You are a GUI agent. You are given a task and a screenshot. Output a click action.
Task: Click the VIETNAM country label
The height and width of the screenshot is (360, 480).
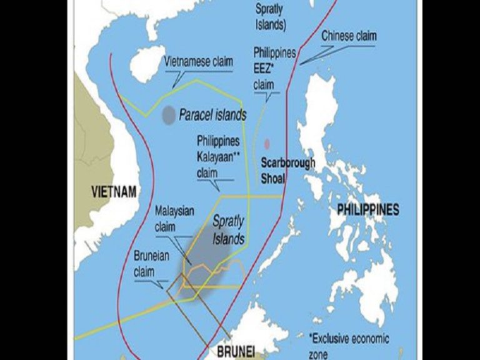pyautogui.click(x=114, y=191)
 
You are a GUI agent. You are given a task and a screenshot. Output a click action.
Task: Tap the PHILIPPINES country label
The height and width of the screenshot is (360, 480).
pyautogui.click(x=368, y=210)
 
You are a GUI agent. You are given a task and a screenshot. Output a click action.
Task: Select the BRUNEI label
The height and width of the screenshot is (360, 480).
pyautogui.click(x=236, y=352)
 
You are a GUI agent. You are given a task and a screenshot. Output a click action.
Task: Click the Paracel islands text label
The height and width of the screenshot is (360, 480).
pyautogui.click(x=212, y=115)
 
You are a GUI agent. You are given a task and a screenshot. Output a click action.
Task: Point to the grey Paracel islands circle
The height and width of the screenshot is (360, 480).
pyautogui.click(x=168, y=115)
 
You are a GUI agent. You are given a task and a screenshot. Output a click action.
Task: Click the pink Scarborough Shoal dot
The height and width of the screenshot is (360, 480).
pyautogui.click(x=267, y=144)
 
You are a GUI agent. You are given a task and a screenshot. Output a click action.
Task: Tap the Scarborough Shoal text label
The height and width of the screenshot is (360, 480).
pyautogui.click(x=288, y=171)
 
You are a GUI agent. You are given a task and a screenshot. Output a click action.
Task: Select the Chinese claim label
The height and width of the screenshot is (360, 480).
pyautogui.click(x=349, y=36)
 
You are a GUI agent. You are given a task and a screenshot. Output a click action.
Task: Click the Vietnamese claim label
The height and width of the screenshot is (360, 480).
pyautogui.click(x=198, y=62)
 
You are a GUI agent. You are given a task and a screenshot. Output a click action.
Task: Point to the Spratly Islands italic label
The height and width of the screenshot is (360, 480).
pyautogui.click(x=227, y=229)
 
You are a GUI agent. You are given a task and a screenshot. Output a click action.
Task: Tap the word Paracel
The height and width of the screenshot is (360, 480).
pyautogui.click(x=196, y=115)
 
